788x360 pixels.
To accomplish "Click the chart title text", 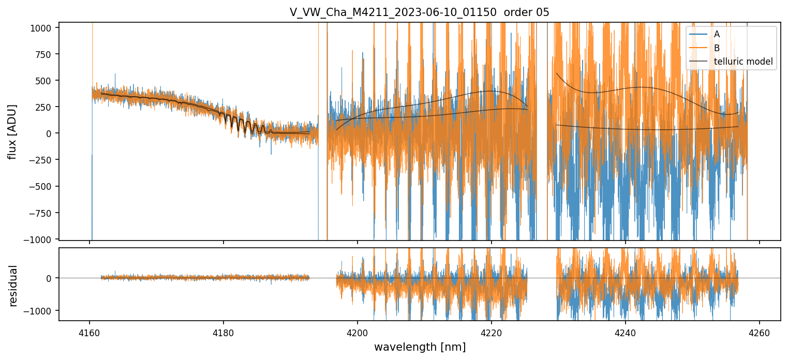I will (420, 12).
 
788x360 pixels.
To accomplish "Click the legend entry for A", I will (717, 34).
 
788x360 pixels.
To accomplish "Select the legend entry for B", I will (717, 48).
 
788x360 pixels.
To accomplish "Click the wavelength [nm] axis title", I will (420, 347).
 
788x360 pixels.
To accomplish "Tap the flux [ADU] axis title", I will (12, 131).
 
